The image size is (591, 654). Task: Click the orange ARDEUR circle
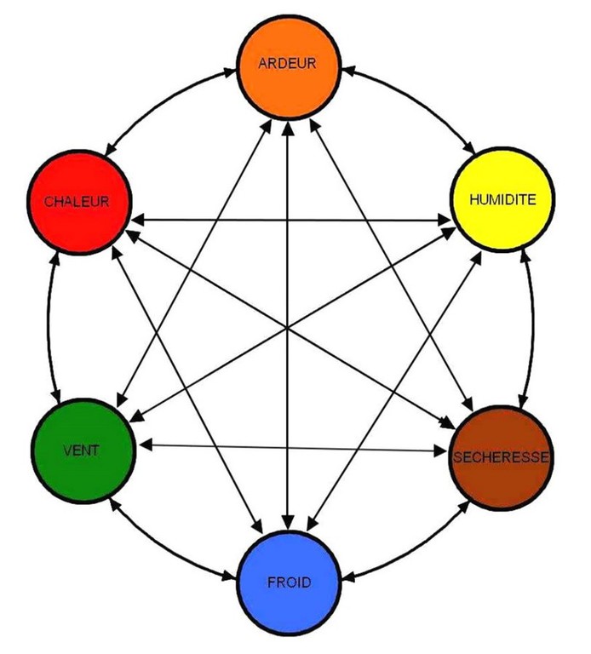tap(289, 85)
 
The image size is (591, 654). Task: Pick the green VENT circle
tap(83, 464)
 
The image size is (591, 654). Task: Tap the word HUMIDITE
tap(502, 200)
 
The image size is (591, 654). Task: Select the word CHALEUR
tap(76, 202)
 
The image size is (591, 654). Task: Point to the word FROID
tap(290, 583)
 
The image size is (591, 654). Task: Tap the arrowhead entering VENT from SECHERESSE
tap(146, 445)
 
